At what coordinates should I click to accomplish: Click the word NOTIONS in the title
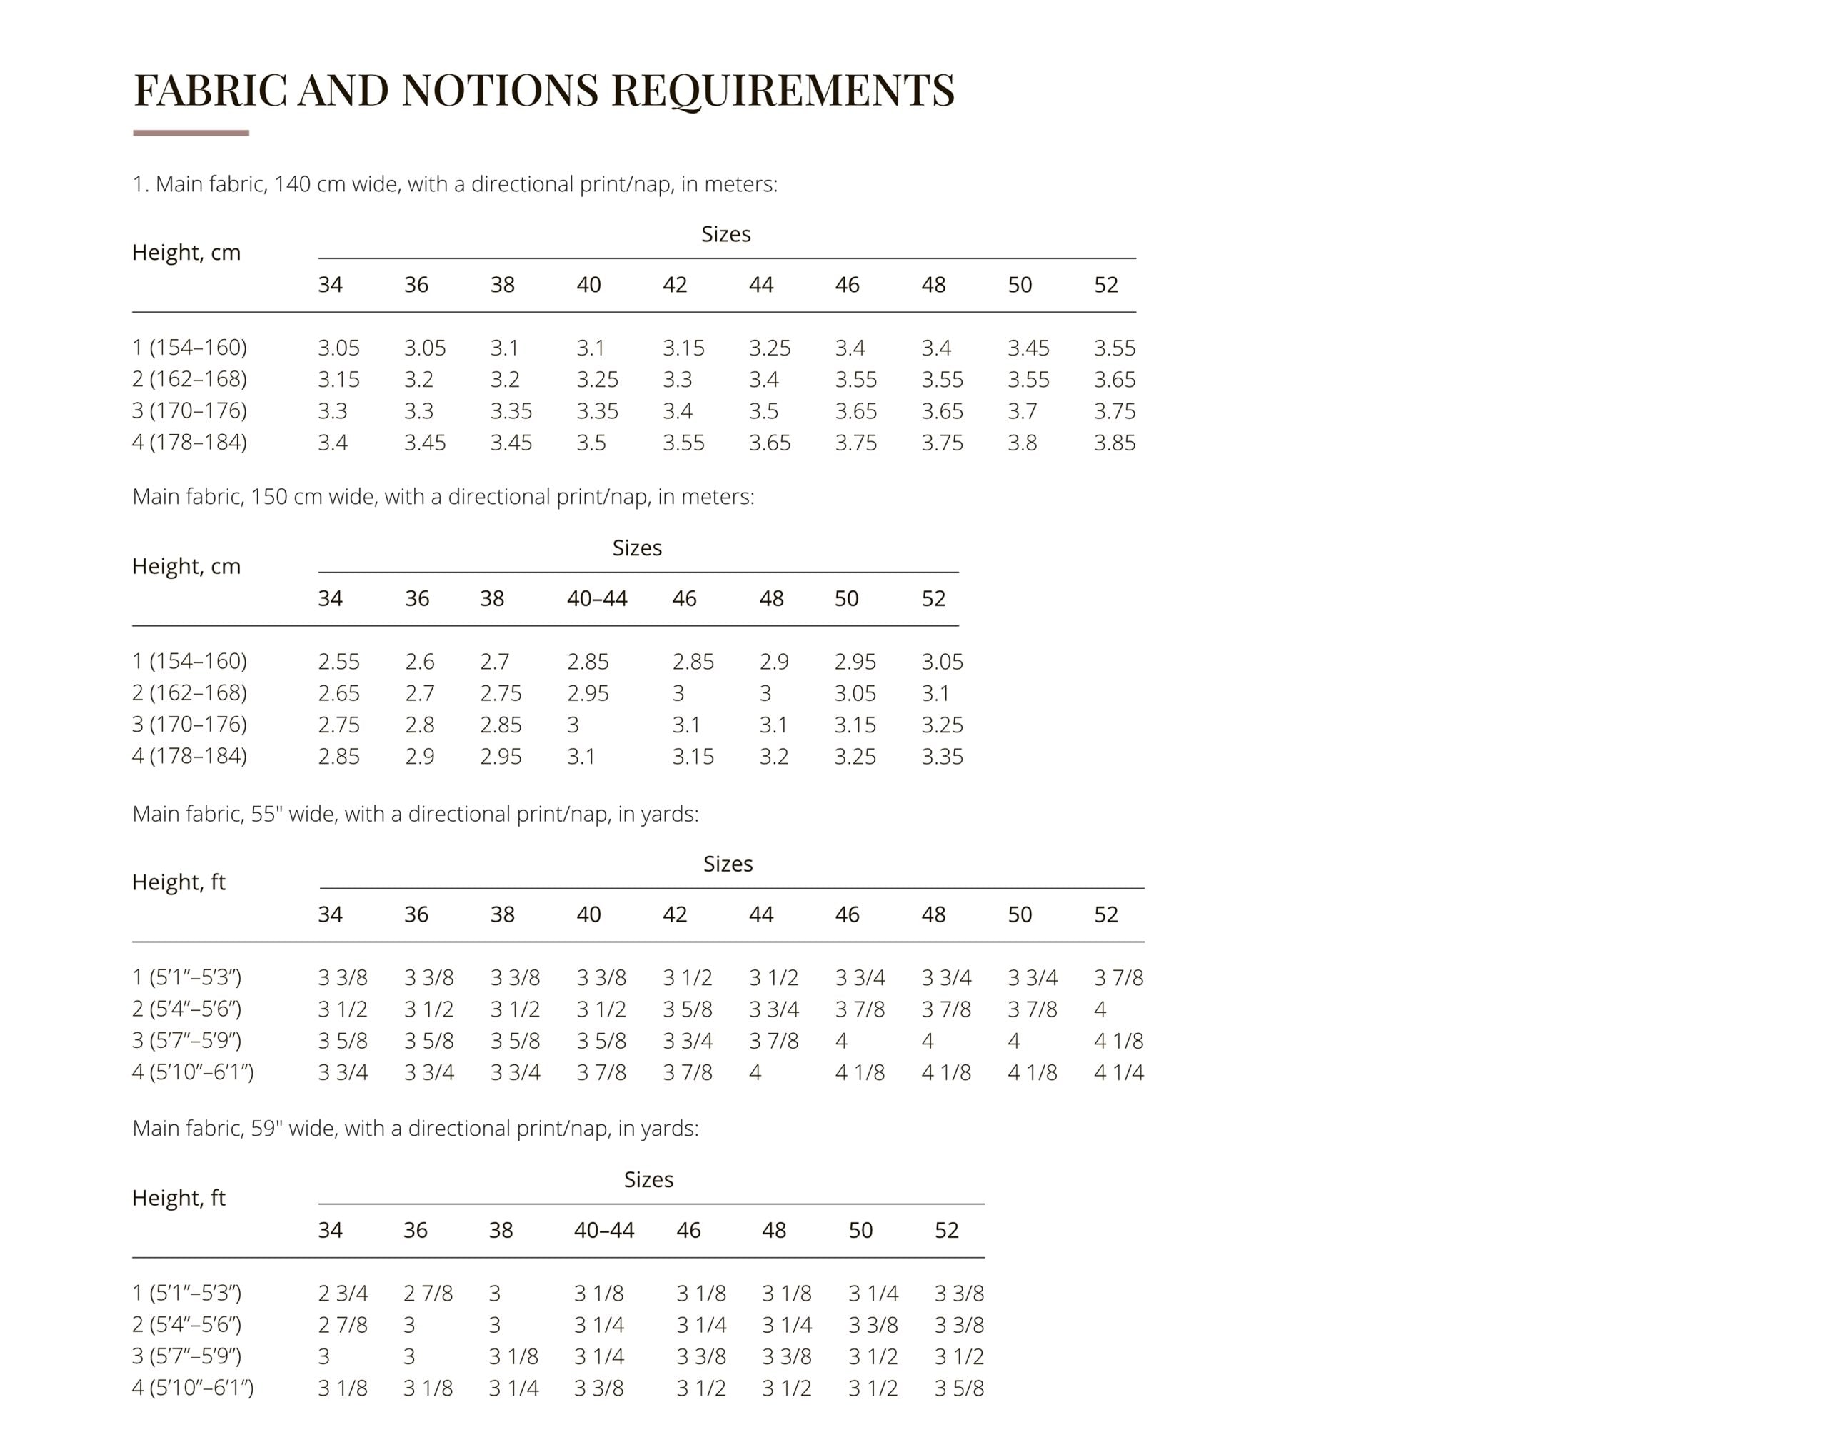[x=500, y=90]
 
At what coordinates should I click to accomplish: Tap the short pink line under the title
[x=191, y=133]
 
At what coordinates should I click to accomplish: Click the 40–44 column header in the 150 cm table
[x=597, y=599]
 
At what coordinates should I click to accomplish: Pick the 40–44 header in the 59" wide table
[x=603, y=1230]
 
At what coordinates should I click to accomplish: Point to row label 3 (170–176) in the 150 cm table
[x=190, y=725]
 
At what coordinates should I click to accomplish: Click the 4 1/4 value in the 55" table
[x=1118, y=1072]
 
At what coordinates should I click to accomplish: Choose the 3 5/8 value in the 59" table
[x=958, y=1388]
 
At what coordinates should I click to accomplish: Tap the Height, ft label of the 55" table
[x=179, y=883]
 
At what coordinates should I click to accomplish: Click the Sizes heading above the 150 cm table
[x=636, y=548]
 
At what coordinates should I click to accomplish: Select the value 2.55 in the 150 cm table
[x=338, y=662]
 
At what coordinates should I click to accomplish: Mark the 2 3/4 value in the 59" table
[x=342, y=1294]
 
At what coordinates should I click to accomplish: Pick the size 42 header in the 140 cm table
[x=675, y=285]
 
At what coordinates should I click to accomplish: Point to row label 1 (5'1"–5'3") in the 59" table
[x=186, y=1294]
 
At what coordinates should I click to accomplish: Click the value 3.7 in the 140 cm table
[x=1021, y=412]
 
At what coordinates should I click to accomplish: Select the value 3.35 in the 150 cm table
[x=942, y=757]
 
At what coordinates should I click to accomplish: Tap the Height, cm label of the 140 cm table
[x=186, y=253]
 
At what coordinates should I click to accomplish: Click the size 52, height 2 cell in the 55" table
[x=1099, y=1009]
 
